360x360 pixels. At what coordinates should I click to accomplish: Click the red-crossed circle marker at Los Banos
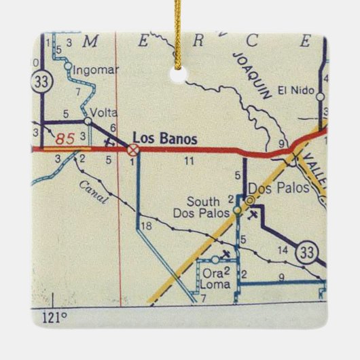134,149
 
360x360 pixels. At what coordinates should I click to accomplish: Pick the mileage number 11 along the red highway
190,161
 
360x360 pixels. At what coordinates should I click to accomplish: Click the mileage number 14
284,251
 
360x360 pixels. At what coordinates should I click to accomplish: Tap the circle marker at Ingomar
68,66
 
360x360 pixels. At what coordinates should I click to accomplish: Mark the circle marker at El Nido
319,97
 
